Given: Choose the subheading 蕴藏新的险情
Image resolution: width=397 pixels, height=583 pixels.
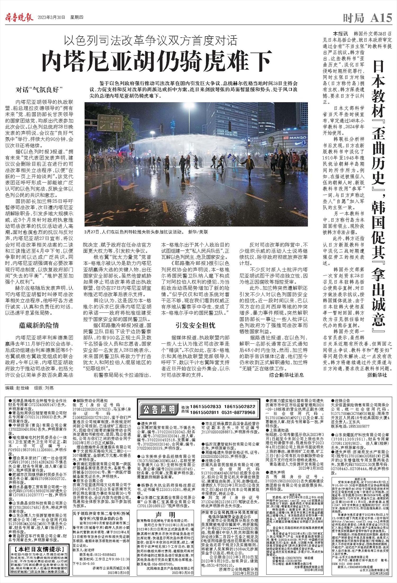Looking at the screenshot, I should (x=39, y=325).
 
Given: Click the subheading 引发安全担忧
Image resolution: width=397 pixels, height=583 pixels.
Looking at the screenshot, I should (x=196, y=325).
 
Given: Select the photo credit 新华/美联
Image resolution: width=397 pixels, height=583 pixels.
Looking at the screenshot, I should (x=198, y=232).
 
